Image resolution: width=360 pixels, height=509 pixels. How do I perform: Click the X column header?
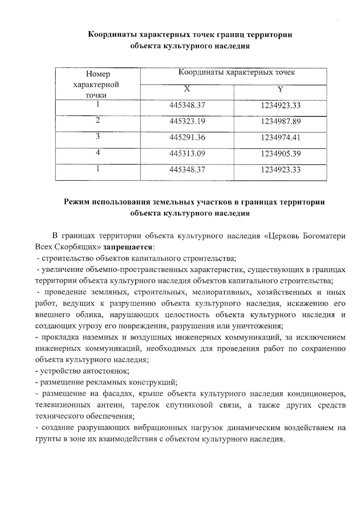click(187, 89)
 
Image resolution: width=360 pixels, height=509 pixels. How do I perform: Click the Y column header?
click(280, 89)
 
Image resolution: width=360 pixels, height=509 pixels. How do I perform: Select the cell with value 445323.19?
click(187, 122)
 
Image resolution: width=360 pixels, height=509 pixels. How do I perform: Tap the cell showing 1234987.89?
click(280, 122)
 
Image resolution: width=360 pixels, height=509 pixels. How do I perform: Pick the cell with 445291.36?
click(187, 138)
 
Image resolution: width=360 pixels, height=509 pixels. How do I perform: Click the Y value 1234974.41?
click(280, 138)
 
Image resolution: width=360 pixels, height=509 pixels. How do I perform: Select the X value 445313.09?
click(187, 154)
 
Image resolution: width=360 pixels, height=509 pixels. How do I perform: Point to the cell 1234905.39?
click(280, 154)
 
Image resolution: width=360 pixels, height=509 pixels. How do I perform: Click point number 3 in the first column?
click(97, 136)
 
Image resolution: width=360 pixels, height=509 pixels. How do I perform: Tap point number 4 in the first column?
click(97, 152)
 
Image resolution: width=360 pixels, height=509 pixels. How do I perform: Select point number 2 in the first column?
click(97, 120)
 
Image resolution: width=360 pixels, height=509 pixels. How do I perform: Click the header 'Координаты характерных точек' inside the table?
click(236, 73)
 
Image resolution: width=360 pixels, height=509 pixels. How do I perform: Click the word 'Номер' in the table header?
click(98, 74)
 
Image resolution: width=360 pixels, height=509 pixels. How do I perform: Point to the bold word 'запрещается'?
click(127, 247)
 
